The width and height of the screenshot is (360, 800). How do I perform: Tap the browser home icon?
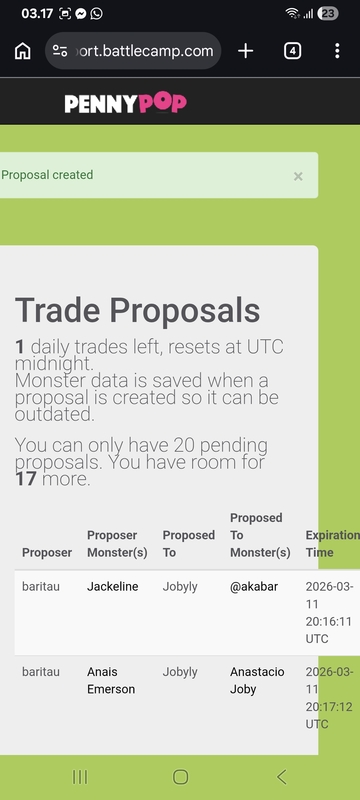[x=22, y=51]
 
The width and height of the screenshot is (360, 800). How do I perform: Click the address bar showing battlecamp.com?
[x=133, y=51]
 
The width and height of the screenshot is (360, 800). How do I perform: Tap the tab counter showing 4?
[x=292, y=51]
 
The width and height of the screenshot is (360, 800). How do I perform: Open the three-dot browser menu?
[x=337, y=51]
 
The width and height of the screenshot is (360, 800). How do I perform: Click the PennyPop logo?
[x=125, y=103]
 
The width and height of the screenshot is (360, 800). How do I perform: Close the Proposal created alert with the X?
[x=298, y=176]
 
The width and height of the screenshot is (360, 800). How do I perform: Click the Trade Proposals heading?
[x=137, y=310]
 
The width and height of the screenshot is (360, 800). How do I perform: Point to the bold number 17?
[x=25, y=479]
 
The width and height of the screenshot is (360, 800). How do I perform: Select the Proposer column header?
[x=47, y=553]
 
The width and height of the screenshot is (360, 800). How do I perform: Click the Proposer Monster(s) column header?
[x=117, y=544]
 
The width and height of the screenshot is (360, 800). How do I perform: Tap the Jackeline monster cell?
[x=113, y=587]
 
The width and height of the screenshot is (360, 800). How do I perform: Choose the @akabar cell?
[x=254, y=587]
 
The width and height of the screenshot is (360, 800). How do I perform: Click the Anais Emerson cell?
[x=111, y=681]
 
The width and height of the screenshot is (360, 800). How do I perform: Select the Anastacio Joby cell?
[x=257, y=681]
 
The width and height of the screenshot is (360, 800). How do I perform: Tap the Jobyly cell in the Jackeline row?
[x=180, y=587]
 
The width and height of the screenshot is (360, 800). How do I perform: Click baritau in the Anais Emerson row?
[x=41, y=672]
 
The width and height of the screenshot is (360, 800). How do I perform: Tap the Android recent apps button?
[x=80, y=777]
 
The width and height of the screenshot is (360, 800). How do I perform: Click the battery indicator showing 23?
[x=327, y=14]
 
